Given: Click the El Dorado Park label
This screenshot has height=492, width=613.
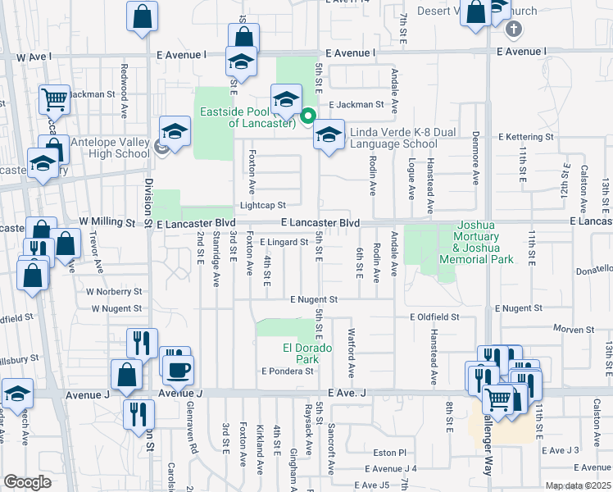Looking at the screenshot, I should click(x=307, y=353).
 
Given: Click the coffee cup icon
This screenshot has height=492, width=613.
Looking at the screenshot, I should click(x=178, y=369).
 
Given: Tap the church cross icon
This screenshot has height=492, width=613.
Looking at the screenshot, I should click(x=513, y=30).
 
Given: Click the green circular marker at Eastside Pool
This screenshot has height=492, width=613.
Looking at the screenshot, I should click(x=308, y=116).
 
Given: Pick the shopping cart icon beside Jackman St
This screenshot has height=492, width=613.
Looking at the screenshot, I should click(x=54, y=100).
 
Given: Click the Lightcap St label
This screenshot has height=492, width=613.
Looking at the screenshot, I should click(x=262, y=205).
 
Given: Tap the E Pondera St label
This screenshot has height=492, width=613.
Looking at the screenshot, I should click(x=288, y=371).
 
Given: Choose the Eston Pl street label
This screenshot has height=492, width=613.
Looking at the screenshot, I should click(x=390, y=452).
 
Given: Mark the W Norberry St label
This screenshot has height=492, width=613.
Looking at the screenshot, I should click(x=117, y=291).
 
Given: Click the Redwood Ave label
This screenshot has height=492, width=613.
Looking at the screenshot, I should click(x=125, y=79).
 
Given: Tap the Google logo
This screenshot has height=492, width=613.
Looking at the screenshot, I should click(x=27, y=482).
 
